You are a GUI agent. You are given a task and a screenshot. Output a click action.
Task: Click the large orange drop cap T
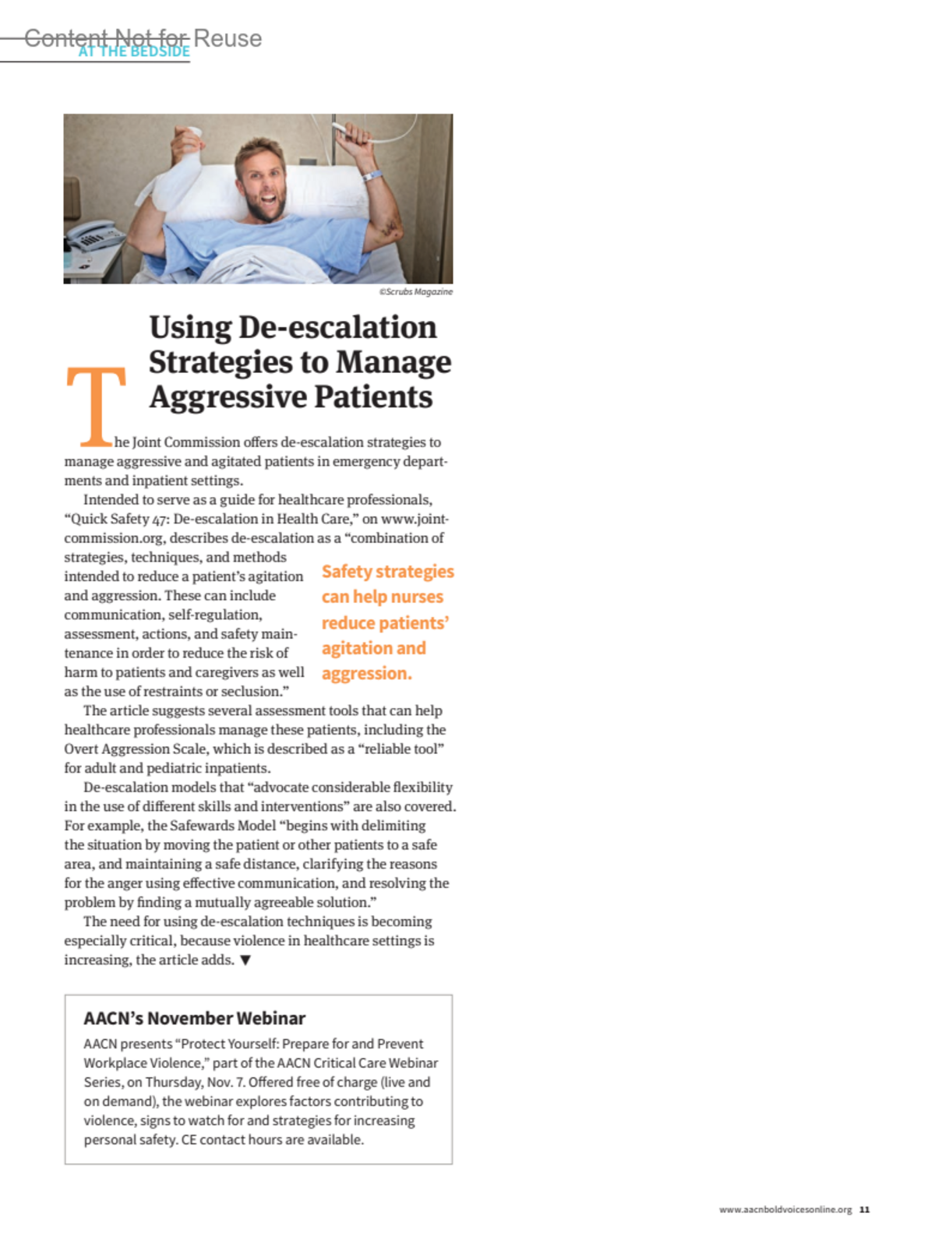[96, 405]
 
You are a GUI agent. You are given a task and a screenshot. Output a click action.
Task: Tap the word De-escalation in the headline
[337, 327]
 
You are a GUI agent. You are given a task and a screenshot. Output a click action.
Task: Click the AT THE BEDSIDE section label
[134, 51]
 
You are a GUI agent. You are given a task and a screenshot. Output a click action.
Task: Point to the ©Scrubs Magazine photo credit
[415, 291]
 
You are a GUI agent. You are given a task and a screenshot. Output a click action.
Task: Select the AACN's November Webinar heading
[194, 1018]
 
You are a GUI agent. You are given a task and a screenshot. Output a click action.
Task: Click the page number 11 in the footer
[864, 1210]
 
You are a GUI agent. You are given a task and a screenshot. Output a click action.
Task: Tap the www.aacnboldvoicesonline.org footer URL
[785, 1210]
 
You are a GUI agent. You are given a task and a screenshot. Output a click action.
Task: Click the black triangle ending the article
[245, 960]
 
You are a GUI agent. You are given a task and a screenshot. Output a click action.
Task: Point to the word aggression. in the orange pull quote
[366, 673]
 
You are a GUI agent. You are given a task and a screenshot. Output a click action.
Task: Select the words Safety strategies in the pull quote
[387, 571]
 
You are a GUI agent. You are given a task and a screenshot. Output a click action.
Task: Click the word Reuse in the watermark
[228, 37]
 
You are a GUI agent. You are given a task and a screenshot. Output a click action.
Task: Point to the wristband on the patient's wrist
[372, 175]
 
